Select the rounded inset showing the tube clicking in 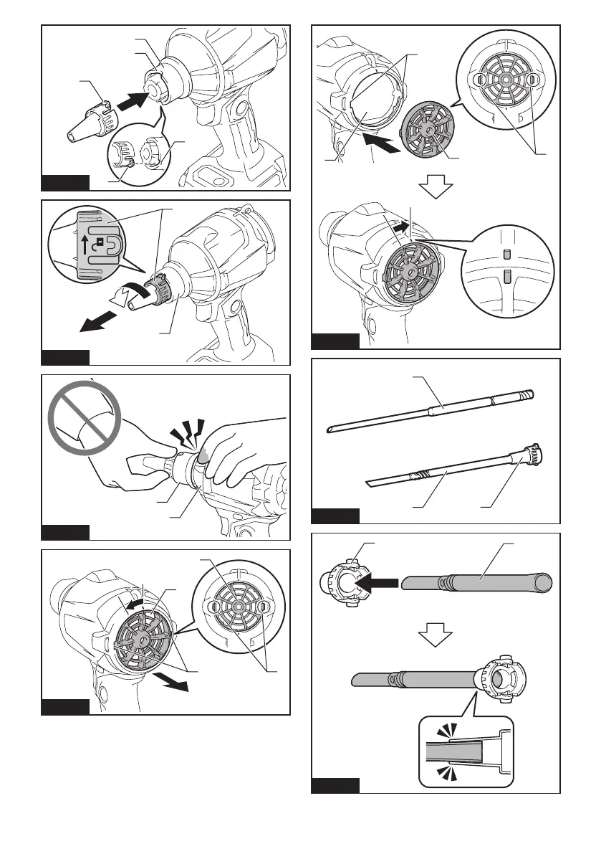pos(466,751)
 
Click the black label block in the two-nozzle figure pos(335,516)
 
